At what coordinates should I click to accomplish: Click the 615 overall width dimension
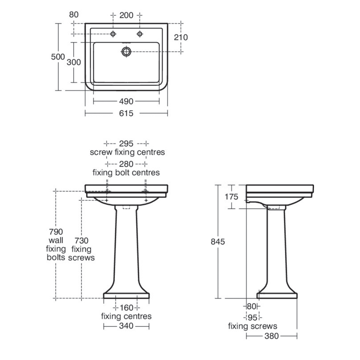click(126, 113)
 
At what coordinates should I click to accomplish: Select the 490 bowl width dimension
click(126, 101)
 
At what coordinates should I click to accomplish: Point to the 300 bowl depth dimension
click(74, 62)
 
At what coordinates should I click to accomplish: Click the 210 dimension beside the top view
click(180, 38)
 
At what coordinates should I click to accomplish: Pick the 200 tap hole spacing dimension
click(127, 15)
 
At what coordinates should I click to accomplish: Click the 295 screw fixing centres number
click(127, 143)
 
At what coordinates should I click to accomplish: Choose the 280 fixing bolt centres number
click(126, 163)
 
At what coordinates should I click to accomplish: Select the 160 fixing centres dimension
click(126, 308)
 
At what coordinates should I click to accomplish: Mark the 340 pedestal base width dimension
click(126, 327)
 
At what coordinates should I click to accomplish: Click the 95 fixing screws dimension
click(253, 318)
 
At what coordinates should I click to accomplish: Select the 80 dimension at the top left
click(74, 15)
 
